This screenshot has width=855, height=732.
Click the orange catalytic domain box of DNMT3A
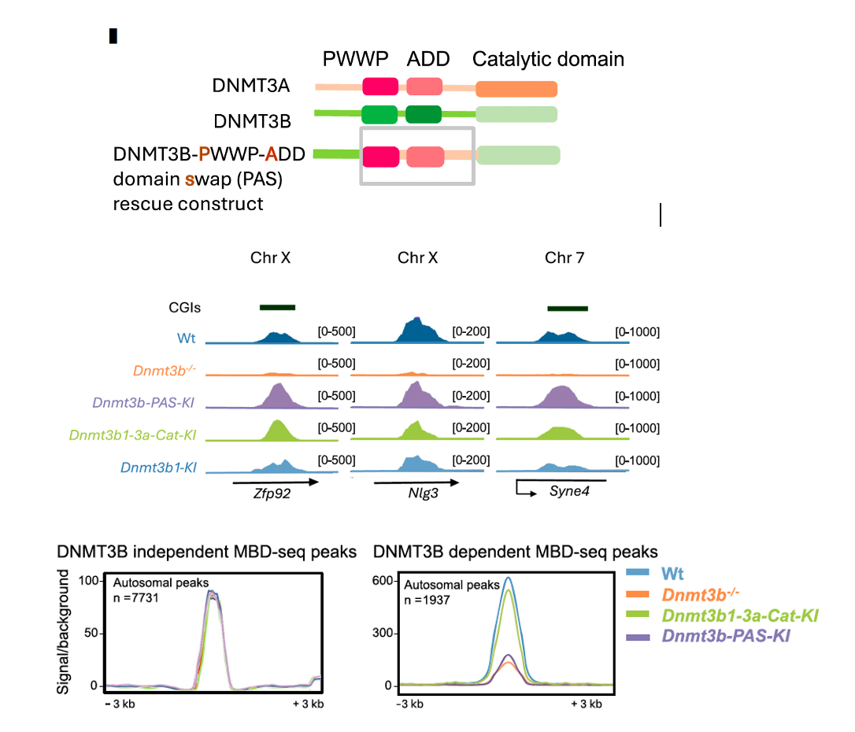(516, 88)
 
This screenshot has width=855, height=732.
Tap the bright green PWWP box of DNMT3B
(379, 114)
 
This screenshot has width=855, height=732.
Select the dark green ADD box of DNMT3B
(424, 114)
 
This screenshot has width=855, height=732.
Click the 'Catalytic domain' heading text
(548, 59)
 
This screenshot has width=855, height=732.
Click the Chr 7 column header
(564, 258)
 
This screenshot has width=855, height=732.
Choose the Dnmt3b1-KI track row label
(158, 468)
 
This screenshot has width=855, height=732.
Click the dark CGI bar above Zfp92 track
(277, 307)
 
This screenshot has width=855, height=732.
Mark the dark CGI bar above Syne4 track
(567, 307)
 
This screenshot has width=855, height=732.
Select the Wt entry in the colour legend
(672, 573)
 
